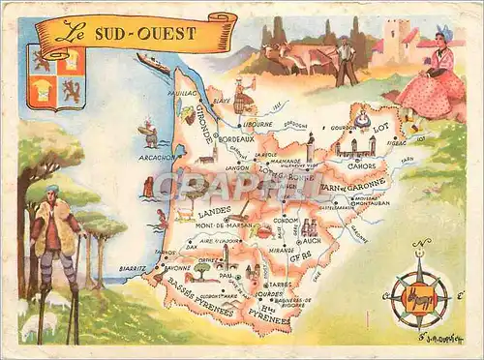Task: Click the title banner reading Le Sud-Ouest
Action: point(136,33)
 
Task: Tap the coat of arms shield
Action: point(56,77)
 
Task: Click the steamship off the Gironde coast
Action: point(154,64)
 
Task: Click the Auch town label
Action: point(312,238)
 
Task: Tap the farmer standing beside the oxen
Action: point(345,60)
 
